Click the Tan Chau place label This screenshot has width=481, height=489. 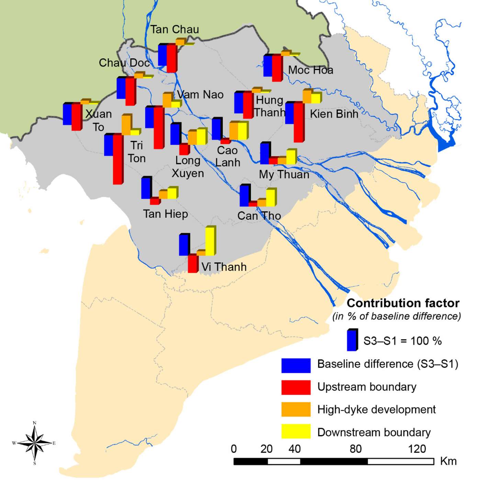[175, 30]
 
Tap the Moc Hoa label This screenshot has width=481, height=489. [310, 70]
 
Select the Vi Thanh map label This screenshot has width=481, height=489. [224, 267]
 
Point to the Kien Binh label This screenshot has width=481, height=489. [334, 114]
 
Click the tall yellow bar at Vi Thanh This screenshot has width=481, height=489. [210, 241]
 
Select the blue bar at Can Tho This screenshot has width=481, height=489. [244, 195]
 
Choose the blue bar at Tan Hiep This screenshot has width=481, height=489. [146, 188]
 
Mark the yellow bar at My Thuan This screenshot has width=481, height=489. [291, 156]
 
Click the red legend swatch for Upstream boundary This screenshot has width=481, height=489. [295, 387]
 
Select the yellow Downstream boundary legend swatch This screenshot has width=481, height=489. [295, 432]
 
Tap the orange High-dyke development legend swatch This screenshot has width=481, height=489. [295, 409]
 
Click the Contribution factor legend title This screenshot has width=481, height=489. [403, 303]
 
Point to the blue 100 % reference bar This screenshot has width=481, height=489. [352, 340]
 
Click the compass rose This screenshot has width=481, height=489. [35, 443]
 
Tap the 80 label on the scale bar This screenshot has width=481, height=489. [355, 449]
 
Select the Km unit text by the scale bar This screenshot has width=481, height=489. [448, 461]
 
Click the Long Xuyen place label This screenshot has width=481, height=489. [188, 167]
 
